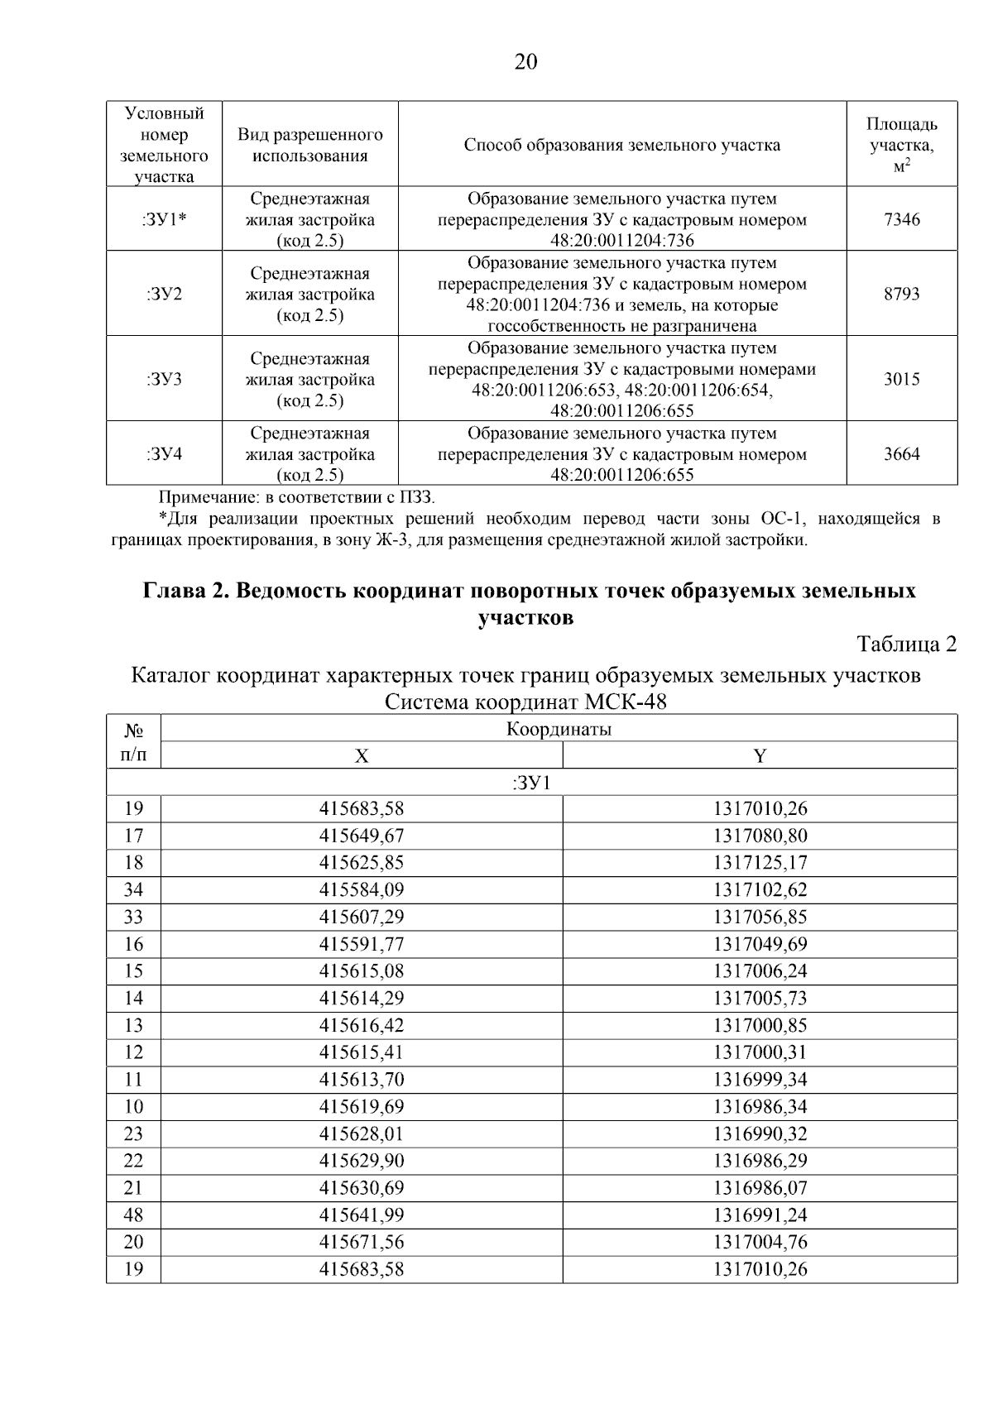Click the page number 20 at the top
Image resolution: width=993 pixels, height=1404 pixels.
click(525, 62)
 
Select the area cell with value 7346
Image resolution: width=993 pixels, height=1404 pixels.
click(901, 219)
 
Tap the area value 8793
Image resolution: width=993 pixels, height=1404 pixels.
click(901, 294)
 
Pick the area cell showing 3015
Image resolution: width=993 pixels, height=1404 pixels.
click(901, 379)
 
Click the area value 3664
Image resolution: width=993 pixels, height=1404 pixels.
click(901, 453)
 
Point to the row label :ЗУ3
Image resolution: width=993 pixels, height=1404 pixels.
click(164, 379)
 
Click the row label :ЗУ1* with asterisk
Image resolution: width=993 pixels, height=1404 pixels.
click(164, 219)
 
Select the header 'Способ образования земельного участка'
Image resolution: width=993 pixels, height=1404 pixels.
click(621, 145)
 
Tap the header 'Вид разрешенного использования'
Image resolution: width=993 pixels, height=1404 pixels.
click(310, 145)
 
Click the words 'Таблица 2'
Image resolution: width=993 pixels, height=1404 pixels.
click(906, 644)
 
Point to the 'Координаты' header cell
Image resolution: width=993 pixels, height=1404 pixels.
click(559, 729)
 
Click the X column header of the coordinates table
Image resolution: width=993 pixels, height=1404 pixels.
click(362, 755)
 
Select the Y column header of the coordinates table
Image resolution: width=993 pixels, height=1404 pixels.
click(760, 755)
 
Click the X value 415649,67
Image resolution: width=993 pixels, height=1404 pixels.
click(362, 836)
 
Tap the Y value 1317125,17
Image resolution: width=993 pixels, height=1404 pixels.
click(760, 863)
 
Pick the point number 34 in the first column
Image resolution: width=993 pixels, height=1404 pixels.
click(133, 889)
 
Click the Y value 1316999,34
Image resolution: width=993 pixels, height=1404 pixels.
click(760, 1079)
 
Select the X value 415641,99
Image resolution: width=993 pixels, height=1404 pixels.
click(362, 1215)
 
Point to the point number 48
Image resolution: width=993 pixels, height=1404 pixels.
click(133, 1215)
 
